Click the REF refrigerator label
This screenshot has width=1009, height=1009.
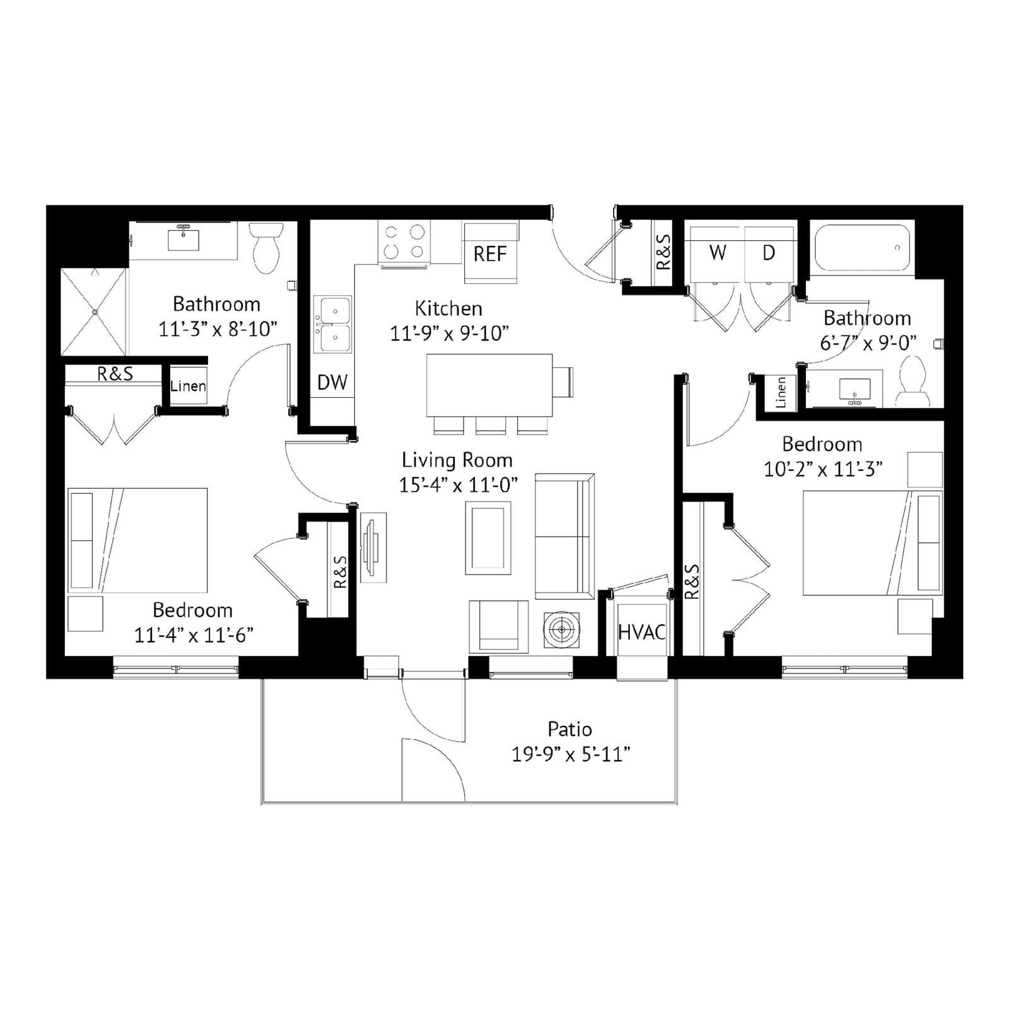[x=490, y=254]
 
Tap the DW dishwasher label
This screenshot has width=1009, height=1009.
[x=332, y=382]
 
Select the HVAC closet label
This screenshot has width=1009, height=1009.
[x=642, y=632]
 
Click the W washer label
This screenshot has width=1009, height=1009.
[x=718, y=253]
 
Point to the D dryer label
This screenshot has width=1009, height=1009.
[x=769, y=253]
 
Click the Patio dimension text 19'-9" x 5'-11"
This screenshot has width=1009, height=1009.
[x=571, y=754]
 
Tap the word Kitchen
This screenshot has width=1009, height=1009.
[x=448, y=308]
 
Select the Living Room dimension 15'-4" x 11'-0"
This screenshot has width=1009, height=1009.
[x=458, y=485]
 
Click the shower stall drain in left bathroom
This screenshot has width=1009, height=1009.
[x=94, y=312]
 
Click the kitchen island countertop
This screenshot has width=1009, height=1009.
[x=489, y=385]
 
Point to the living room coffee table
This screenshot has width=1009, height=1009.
[x=488, y=538]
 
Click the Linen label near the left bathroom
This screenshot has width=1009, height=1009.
[x=188, y=386]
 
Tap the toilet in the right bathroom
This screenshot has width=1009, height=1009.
[x=913, y=382]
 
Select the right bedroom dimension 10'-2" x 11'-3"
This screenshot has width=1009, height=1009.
[x=823, y=469]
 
